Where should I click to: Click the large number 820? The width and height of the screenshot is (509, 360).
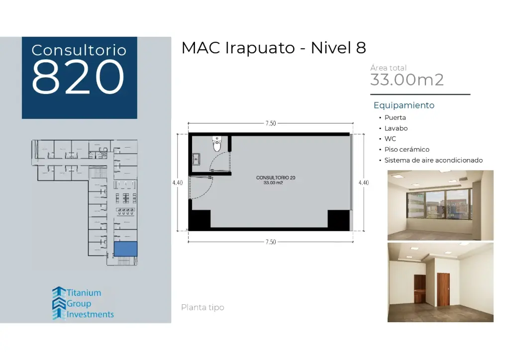(x=78, y=77)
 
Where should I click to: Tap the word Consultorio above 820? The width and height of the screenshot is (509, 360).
(x=79, y=50)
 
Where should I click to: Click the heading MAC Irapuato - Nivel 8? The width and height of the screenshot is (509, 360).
(x=274, y=48)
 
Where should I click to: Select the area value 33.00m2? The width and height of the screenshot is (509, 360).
(x=407, y=80)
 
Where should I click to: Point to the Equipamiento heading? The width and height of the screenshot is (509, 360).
(x=404, y=105)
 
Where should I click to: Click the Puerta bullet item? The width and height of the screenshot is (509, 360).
(x=395, y=118)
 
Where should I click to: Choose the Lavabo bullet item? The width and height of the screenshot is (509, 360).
(x=396, y=128)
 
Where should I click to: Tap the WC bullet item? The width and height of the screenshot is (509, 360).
(x=390, y=139)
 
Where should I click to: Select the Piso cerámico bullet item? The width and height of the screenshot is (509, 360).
(x=407, y=150)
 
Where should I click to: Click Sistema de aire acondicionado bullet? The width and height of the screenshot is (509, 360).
(x=433, y=161)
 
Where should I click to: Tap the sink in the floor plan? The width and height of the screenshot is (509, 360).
(x=196, y=159)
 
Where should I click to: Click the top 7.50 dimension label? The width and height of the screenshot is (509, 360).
(x=270, y=124)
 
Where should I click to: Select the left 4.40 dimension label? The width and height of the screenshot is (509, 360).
(x=177, y=182)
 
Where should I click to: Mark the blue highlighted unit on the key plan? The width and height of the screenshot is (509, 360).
(x=125, y=249)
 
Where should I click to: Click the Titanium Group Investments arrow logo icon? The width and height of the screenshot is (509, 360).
(x=59, y=303)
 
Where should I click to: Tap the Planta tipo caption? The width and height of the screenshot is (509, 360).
(x=203, y=308)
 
